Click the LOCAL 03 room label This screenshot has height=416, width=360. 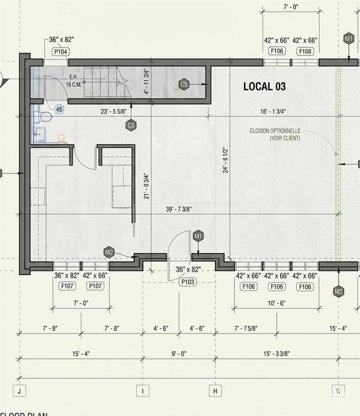coord(264,86)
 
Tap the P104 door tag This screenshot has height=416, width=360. coord(61,51)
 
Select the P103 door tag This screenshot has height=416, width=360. coord(187,282)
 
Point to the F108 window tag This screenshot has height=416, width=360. coord(305,51)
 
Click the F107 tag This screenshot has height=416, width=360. coord(67,286)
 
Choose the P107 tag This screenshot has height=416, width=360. coord(95,286)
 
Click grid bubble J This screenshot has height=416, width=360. coord(19,391)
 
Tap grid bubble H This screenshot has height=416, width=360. coord(215,391)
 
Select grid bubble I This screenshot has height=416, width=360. coord(143,391)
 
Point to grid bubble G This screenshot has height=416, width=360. coord(338,391)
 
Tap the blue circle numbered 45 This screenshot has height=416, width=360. coord(59,109)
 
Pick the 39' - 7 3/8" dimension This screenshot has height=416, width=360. coord(179,209)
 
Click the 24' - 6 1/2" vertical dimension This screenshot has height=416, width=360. coord(225,160)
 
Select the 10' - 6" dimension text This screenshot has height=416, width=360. coord(276,303)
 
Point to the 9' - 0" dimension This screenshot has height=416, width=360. coord(179,354)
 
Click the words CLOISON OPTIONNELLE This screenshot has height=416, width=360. coord(275,131)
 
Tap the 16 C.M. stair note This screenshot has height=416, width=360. coord(74,85)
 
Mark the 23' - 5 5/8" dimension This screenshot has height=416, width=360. coord(114,111)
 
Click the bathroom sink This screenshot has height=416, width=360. coord(40,135)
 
